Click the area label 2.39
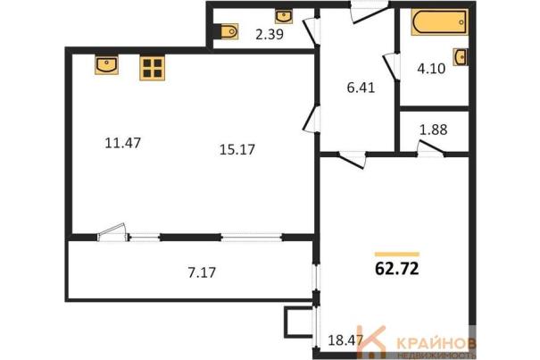pyautogui.click(x=270, y=34)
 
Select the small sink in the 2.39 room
pyautogui.click(x=284, y=16)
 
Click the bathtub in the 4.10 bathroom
pyautogui.click(x=439, y=22)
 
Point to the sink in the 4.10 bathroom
pyautogui.click(x=460, y=57)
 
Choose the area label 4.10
pyautogui.click(x=431, y=69)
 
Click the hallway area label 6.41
pyautogui.click(x=361, y=88)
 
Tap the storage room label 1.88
pyautogui.click(x=433, y=130)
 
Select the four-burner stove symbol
pyautogui.click(x=153, y=68)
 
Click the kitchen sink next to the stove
pyautogui.click(x=107, y=64)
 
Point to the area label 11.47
pyautogui.click(x=122, y=143)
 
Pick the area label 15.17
pyautogui.click(x=237, y=150)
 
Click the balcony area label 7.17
pyautogui.click(x=202, y=272)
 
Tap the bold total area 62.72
pyautogui.click(x=396, y=269)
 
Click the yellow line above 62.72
pyautogui.click(x=397, y=255)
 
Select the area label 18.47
pyautogui.click(x=345, y=340)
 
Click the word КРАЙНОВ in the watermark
pyautogui.click(x=436, y=343)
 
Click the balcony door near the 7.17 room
pyautogui.click(x=112, y=231)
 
